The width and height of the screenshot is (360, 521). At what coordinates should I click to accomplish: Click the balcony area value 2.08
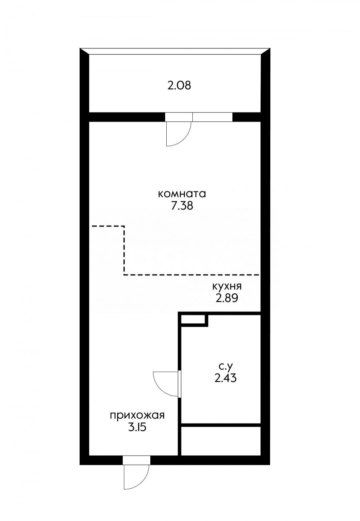179,86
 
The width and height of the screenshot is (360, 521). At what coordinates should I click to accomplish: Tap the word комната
182,194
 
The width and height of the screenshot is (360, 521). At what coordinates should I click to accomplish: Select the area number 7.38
182,206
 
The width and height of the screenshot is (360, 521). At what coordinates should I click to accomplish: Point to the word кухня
227,286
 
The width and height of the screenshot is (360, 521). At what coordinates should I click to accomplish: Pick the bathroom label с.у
225,367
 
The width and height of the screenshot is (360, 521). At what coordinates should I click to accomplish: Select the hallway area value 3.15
137,427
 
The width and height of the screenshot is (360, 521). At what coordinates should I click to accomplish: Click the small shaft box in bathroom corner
193,319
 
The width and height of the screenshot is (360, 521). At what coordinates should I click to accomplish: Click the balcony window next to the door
212,117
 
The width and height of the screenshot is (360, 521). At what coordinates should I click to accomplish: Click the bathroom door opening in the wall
179,384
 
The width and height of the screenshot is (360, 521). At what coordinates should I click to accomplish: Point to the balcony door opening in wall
179,117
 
